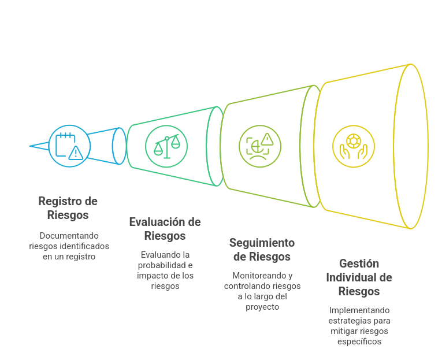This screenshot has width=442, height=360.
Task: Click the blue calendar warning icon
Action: pos(68,146)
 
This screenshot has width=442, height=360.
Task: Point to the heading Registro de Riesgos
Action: pos(68,208)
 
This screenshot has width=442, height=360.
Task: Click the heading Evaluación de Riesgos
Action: pos(165,229)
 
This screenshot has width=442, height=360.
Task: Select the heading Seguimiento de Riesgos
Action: pos(262,250)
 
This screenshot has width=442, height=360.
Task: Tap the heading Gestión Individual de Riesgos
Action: pos(358,277)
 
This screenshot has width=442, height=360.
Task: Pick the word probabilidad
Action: pos(165,265)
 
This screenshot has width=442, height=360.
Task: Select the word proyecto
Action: pos(262,307)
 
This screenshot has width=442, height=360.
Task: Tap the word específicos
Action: pos(359,342)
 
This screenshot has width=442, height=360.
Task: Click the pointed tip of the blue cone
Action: pos(31,146)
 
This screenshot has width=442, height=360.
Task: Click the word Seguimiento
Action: pos(262,243)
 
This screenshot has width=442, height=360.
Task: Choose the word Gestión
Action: pos(359,264)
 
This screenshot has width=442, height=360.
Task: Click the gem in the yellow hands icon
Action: pos(353,140)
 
